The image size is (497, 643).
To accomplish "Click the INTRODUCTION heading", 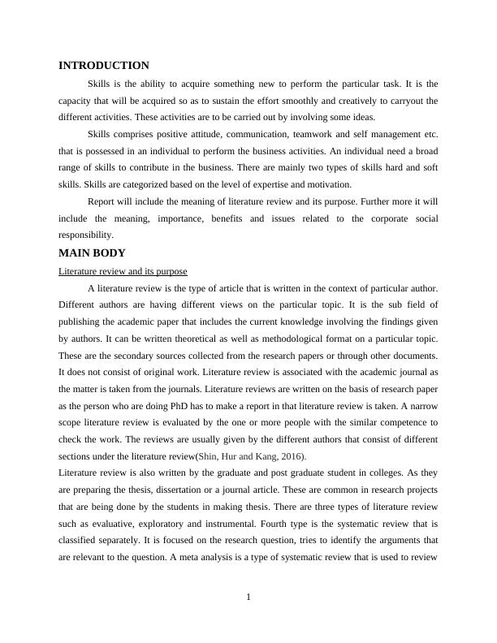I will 104,66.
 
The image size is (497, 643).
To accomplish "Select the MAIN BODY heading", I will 92,253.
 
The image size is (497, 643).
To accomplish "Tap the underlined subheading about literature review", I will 123,271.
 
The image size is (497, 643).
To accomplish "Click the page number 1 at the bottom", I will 248,598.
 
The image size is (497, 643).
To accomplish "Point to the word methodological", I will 282,339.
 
